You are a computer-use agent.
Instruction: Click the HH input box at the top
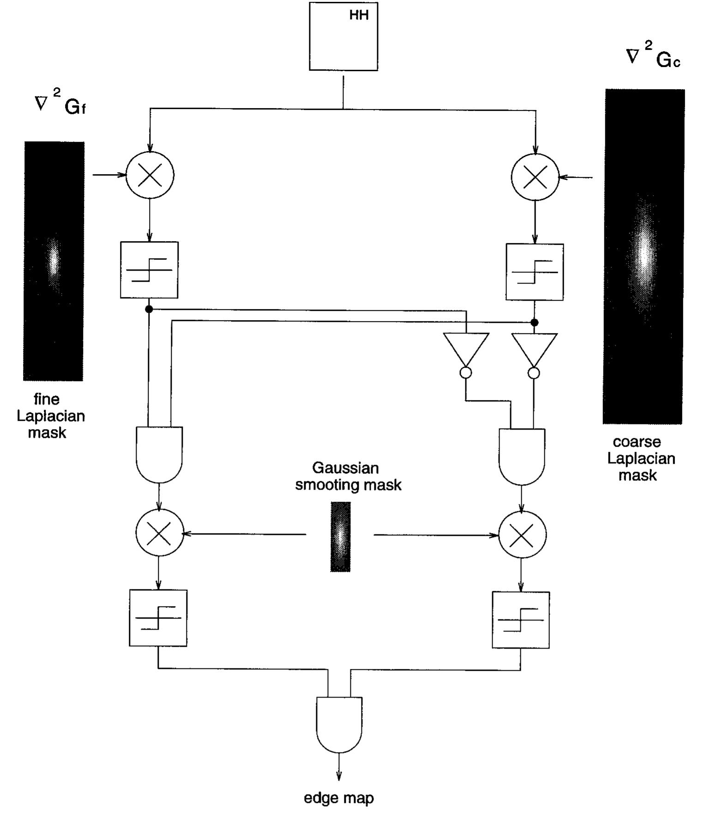343,36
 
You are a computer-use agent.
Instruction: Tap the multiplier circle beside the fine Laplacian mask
150,176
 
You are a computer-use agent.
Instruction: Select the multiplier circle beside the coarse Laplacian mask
535,177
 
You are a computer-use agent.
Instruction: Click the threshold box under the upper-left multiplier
149,270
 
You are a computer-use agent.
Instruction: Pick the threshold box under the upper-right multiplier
535,272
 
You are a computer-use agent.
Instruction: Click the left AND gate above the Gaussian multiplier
159,454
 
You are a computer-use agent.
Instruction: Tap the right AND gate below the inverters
522,456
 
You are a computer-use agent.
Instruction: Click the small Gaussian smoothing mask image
340,537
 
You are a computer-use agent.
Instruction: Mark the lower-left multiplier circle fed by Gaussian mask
160,533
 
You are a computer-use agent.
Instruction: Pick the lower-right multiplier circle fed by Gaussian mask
522,535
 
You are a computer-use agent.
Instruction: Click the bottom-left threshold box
158,618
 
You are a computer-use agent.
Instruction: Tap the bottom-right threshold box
521,619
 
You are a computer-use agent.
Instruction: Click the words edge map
339,798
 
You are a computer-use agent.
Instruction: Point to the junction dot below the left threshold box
149,309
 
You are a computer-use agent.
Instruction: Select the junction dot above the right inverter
534,322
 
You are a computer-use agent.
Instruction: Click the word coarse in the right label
637,442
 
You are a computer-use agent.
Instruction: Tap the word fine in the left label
46,399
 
